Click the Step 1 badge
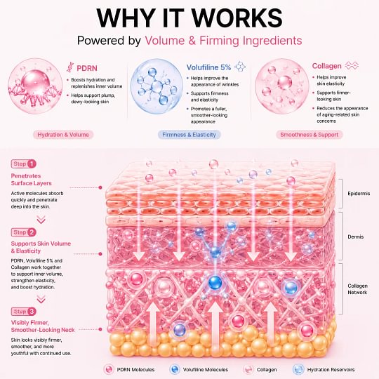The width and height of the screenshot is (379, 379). click(24, 164)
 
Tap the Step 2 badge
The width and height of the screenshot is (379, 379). click(24, 232)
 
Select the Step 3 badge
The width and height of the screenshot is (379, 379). click(24, 312)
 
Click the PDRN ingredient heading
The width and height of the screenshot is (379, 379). click(87, 68)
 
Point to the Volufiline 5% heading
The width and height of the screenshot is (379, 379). click(208, 67)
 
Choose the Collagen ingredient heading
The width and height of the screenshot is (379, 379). click(326, 66)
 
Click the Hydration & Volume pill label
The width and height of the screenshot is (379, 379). click(63, 135)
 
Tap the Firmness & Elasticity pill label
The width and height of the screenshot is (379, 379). click(189, 135)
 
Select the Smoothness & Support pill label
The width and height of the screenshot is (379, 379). click(309, 135)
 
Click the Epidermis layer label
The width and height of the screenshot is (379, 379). click(359, 194)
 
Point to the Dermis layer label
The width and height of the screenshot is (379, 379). click(356, 237)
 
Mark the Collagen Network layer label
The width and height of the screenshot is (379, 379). click(357, 289)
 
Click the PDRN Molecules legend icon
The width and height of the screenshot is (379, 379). click(109, 369)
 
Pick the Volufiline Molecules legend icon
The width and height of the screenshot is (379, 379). click(175, 369)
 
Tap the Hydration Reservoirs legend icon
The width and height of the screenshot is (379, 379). click(298, 369)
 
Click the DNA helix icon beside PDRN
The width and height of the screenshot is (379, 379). click(70, 67)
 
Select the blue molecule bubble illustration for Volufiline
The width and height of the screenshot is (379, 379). click(157, 86)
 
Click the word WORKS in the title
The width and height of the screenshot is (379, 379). click(237, 18)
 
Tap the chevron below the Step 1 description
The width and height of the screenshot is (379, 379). click(41, 220)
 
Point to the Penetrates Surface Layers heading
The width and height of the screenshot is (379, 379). click(31, 180)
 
